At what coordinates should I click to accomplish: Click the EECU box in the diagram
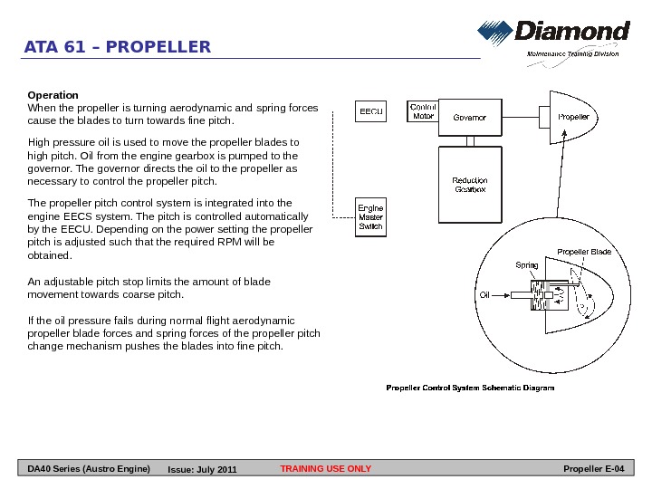tap(371, 112)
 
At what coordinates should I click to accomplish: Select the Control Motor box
tap(423, 111)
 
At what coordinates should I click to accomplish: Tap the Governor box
tap(469, 117)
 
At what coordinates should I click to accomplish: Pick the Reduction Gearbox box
tap(471, 185)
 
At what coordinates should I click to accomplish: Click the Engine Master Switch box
tap(370, 217)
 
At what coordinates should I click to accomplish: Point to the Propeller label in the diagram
tap(573, 117)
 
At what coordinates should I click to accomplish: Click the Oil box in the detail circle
tap(484, 295)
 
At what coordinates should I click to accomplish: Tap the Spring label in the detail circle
tap(526, 265)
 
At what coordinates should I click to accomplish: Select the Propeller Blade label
tap(584, 251)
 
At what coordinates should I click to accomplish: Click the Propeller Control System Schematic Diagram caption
tap(470, 388)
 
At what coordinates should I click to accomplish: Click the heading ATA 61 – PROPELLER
tap(118, 47)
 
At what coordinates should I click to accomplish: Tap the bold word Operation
tap(53, 95)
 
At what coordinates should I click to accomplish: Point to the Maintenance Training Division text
tap(573, 54)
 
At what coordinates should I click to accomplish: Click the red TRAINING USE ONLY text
tap(326, 469)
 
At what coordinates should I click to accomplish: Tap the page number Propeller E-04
tap(593, 469)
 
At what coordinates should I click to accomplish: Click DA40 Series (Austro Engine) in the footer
tap(89, 469)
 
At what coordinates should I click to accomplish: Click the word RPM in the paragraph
tap(242, 242)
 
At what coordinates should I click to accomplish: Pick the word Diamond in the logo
tap(572, 33)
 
